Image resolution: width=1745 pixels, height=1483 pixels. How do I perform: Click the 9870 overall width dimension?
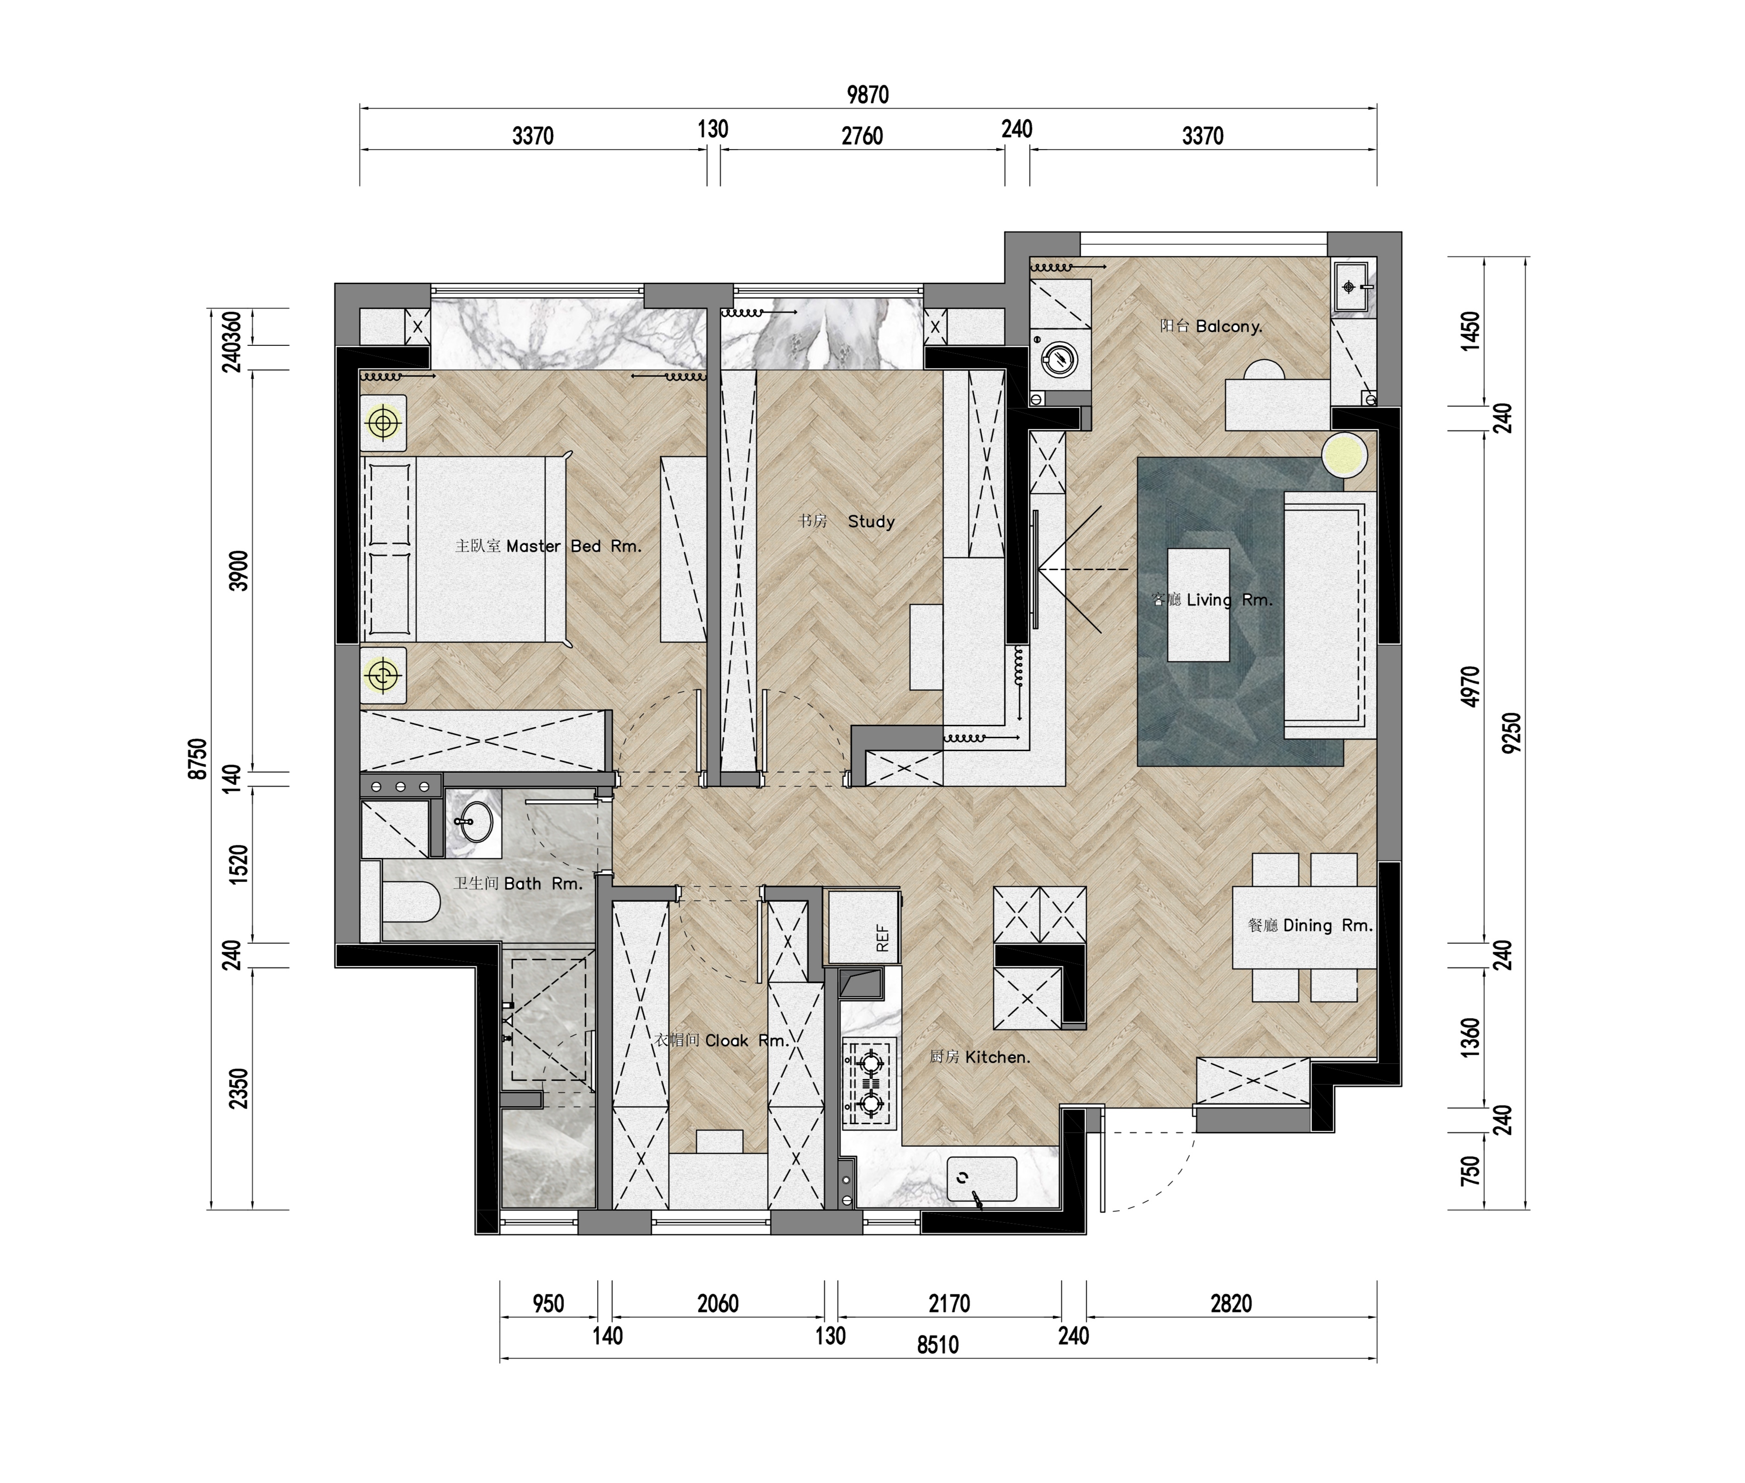click(868, 94)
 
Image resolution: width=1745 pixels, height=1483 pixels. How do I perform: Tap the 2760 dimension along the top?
click(862, 135)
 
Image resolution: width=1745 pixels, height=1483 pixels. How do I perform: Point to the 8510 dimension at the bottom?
click(937, 1345)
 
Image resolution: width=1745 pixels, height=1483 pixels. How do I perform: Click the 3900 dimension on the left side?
click(240, 571)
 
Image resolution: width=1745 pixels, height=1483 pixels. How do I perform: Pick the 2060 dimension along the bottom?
click(717, 1304)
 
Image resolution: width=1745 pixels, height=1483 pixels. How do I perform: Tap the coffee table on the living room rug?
click(1198, 604)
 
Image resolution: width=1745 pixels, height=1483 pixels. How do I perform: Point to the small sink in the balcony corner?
click(1352, 287)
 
